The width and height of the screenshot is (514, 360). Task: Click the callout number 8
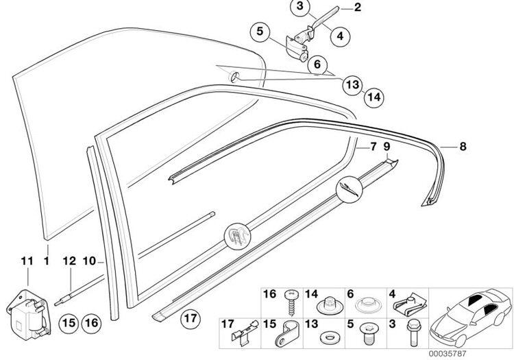[x=463, y=147]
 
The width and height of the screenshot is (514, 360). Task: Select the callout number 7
[x=374, y=147]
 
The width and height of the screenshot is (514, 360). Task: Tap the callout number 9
[x=387, y=147]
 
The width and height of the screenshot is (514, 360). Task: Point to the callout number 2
[x=357, y=8]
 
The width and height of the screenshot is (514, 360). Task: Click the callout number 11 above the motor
[x=27, y=261]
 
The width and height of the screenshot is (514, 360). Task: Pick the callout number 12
[x=69, y=261]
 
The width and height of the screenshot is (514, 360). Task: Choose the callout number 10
[x=89, y=261]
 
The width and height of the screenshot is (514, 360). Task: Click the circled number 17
[x=191, y=318]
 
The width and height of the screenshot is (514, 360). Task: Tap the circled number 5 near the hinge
[x=260, y=32]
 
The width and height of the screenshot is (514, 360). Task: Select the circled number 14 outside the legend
[x=374, y=97]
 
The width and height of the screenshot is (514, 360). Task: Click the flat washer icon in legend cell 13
[x=325, y=337]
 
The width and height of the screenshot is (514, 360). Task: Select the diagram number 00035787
[x=447, y=354]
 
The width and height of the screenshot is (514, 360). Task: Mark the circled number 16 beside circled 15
[x=92, y=323]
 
